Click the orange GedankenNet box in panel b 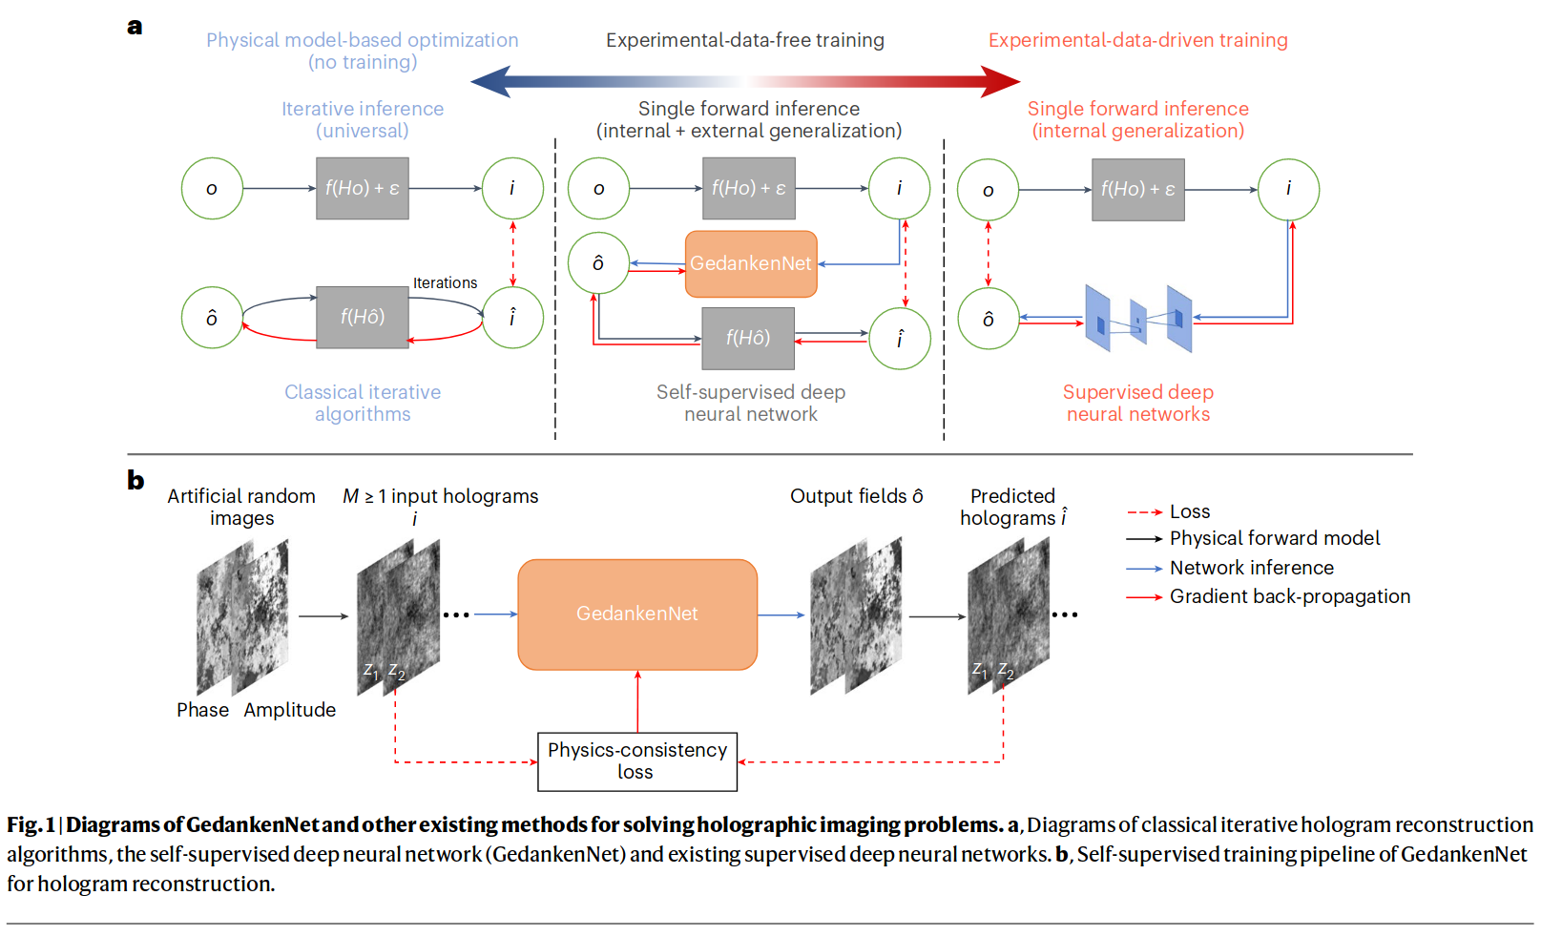coord(637,614)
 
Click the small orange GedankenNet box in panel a coord(751,263)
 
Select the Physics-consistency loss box coord(637,761)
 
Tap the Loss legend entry coord(1189,512)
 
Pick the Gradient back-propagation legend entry coord(1289,597)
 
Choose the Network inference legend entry coord(1251,569)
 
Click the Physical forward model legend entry coord(1274,539)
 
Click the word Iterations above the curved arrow coord(445,283)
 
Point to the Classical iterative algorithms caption coord(363,403)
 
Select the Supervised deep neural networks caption coord(1137,403)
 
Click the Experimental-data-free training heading coord(744,40)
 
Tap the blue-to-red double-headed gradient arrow coord(745,82)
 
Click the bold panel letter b coord(135,480)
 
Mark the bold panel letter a coord(135,27)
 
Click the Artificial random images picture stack coord(242,616)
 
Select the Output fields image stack coord(856,615)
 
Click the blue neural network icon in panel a coord(1138,319)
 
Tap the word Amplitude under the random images coord(289,710)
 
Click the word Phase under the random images coord(202,710)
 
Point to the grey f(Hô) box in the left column coord(363,317)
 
